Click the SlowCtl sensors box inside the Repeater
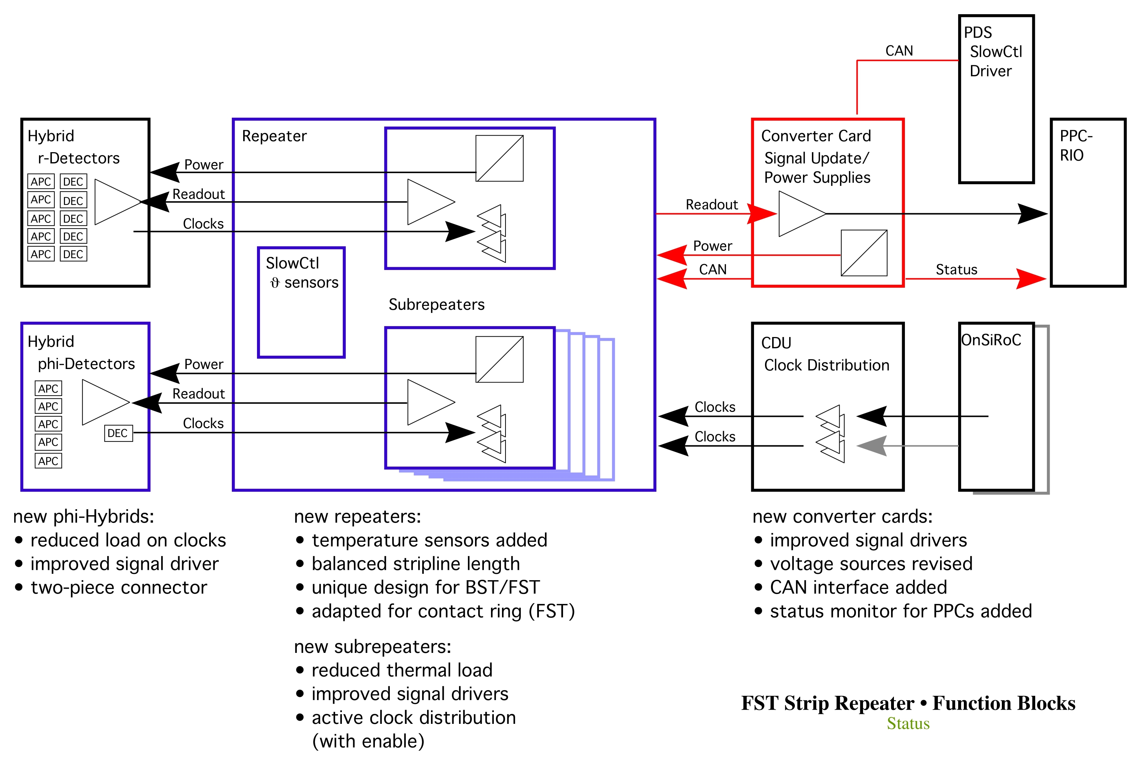click(301, 302)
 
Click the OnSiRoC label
click(991, 340)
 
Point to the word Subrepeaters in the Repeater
click(436, 304)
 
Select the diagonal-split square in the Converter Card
click(864, 253)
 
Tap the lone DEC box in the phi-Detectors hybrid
click(118, 433)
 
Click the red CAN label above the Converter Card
click(899, 51)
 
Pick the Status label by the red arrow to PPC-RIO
click(956, 269)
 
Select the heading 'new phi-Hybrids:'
click(83, 516)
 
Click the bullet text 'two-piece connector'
click(119, 588)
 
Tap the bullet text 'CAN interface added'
click(858, 588)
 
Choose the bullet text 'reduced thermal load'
click(402, 670)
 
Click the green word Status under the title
click(908, 723)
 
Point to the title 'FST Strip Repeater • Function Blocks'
click(908, 703)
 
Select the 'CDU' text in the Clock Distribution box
click(776, 343)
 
